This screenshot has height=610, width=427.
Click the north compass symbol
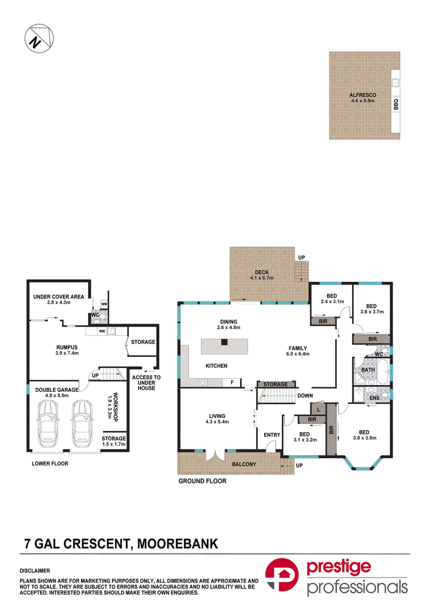coord(39,38)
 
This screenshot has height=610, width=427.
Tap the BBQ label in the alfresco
coord(396,104)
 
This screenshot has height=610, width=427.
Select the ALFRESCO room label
coord(363,95)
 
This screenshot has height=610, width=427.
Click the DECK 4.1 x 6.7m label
coord(262,275)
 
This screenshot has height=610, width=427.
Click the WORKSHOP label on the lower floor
coord(115,407)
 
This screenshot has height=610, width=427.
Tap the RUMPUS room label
coord(67,347)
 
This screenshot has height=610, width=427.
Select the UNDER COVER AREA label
coord(58,297)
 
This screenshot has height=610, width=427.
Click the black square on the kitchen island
coord(224,342)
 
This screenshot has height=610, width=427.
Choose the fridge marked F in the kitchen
coord(232,383)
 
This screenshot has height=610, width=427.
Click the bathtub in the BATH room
coord(383,371)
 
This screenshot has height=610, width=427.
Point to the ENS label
coord(375,398)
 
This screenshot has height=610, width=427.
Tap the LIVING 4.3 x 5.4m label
coord(217,418)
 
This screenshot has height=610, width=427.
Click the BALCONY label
coord(244,464)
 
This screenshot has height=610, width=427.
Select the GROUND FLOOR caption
coord(202,481)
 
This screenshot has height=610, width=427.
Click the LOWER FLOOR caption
coord(50,464)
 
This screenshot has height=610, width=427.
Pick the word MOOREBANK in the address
coord(178,543)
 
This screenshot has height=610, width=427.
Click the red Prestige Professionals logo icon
coord(282,575)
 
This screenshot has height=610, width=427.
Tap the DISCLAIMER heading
coord(35,571)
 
